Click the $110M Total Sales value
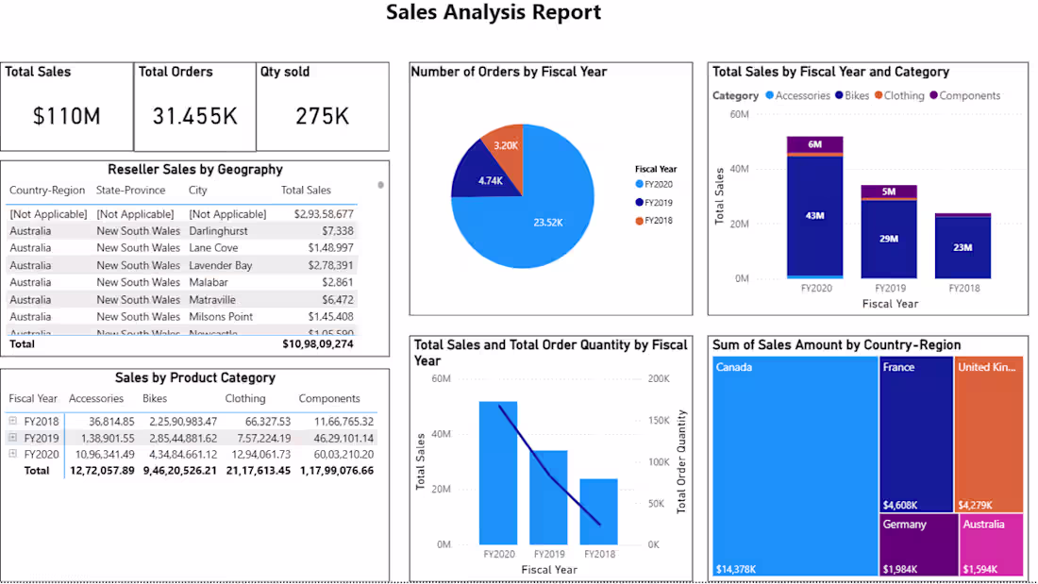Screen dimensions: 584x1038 tap(66, 116)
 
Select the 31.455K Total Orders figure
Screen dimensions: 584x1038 tap(195, 116)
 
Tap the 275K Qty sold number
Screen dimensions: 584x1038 tap(322, 116)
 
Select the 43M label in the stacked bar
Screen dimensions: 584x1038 tap(814, 216)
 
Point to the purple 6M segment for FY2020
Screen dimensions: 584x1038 tap(814, 144)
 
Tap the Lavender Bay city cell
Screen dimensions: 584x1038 tap(220, 265)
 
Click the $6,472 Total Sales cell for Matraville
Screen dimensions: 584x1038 tap(337, 299)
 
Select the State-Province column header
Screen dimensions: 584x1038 tap(130, 191)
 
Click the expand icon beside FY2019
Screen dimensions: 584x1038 tap(13, 438)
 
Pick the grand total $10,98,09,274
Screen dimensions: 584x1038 tap(318, 344)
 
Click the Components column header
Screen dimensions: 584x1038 tap(329, 399)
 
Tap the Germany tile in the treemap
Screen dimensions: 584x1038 tap(916, 545)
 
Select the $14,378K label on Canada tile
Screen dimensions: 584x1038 tap(735, 569)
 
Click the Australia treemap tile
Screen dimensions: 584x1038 tap(991, 545)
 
